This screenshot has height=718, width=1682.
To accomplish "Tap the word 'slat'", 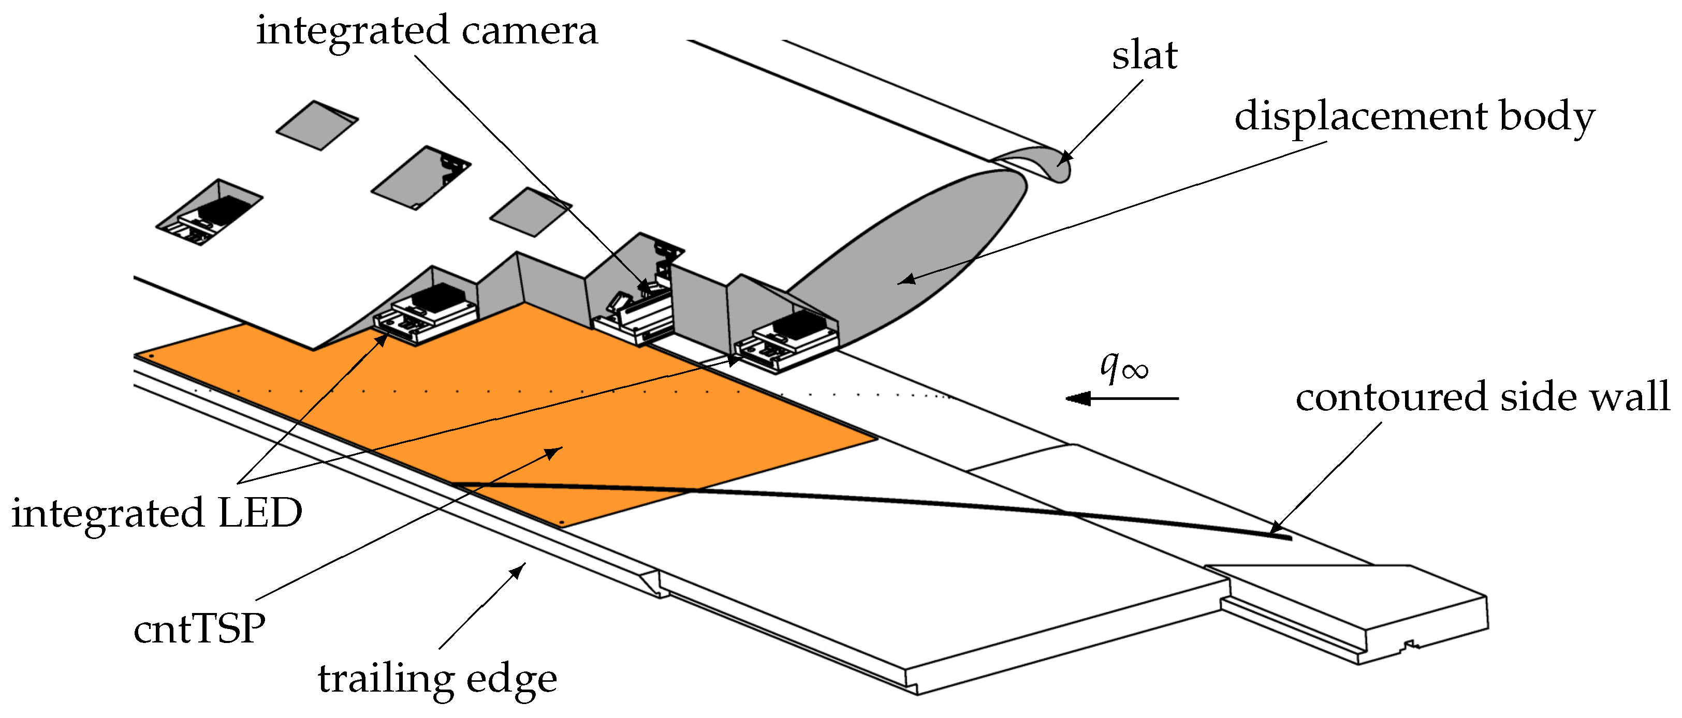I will click(1144, 55).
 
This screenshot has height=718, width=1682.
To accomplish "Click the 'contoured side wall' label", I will click(1482, 397).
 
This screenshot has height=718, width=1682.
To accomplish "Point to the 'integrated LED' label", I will click(157, 513).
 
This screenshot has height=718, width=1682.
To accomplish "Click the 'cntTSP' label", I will click(199, 629).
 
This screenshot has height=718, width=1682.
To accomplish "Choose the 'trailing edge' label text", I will click(437, 679).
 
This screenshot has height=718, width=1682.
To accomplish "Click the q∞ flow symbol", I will click(1123, 367).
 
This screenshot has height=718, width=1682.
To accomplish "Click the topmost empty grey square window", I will click(317, 125).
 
